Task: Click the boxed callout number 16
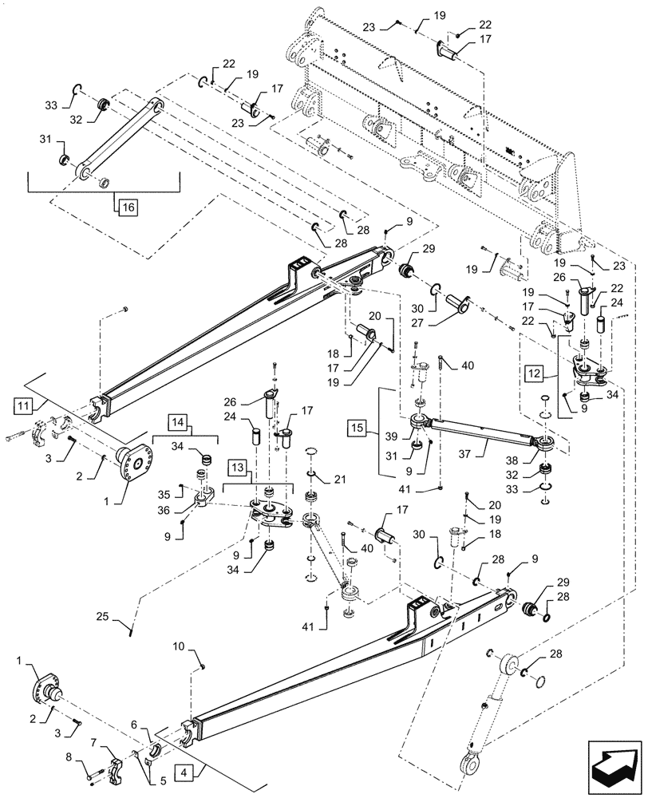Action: tap(128, 208)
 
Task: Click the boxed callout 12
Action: tap(535, 372)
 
